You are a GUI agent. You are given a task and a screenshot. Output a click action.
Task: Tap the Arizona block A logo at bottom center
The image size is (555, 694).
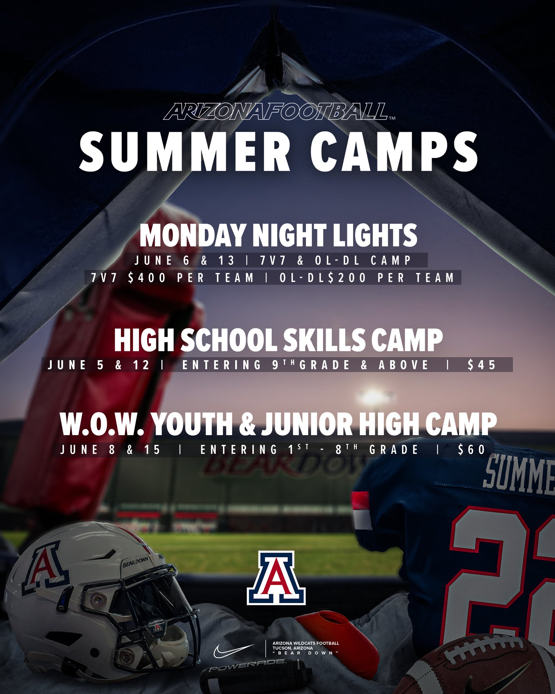pos(276,578)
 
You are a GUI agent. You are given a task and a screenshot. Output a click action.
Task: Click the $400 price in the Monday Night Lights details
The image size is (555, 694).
pos(147,278)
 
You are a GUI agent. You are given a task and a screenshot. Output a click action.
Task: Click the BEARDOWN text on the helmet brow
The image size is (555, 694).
pos(136,562)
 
